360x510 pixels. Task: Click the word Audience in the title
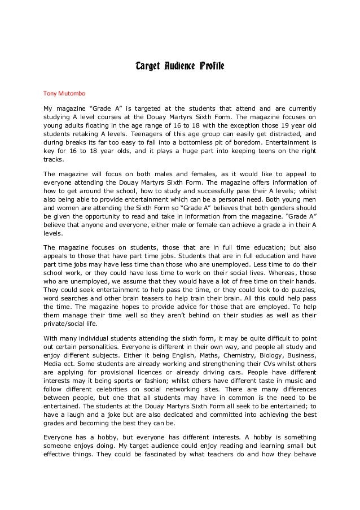pos(174,68)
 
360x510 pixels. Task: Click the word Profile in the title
pos(210,68)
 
